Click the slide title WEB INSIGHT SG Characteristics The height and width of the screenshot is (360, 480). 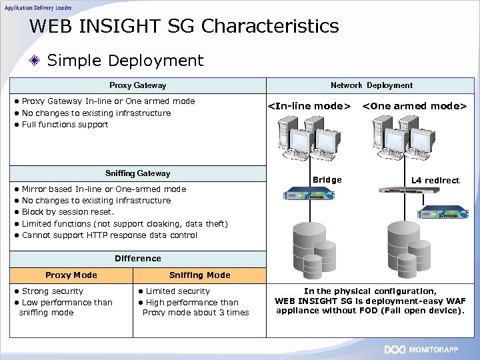184,27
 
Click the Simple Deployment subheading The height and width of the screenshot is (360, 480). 125,61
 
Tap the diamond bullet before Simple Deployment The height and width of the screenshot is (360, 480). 38,61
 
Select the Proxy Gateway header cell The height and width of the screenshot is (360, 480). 137,85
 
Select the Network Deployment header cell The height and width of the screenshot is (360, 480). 371,85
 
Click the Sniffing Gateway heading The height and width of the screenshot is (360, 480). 137,173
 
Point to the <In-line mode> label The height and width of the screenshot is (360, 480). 309,106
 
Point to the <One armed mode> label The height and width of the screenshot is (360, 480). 414,106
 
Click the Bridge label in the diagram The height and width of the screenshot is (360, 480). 327,180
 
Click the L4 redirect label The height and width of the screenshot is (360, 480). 435,181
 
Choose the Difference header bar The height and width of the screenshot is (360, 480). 137,259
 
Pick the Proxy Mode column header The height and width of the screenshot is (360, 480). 71,275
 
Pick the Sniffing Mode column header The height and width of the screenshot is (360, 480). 199,275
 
